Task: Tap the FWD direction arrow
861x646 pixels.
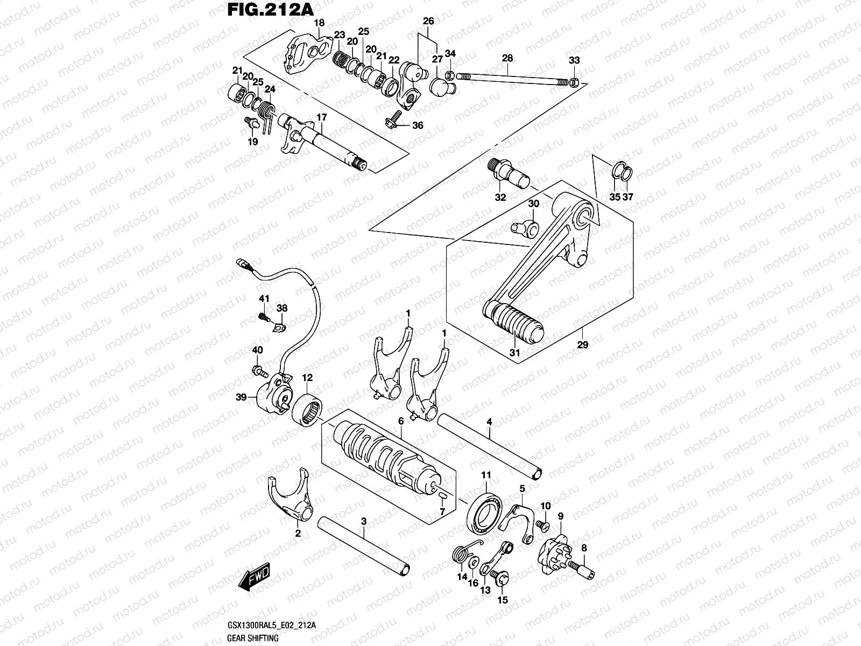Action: click(x=256, y=580)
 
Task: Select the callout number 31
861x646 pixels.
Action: click(x=515, y=353)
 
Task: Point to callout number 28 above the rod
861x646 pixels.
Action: click(x=507, y=58)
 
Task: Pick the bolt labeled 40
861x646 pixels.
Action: click(x=259, y=370)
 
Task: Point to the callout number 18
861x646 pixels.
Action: click(x=319, y=23)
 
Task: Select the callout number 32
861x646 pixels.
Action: click(x=500, y=198)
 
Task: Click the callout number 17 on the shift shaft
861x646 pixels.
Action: click(x=321, y=117)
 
